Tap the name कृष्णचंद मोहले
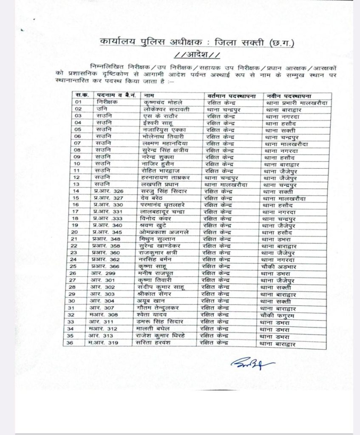163,102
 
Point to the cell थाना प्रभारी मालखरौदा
297,102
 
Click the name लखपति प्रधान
160,184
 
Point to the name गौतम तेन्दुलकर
164,307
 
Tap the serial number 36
78,343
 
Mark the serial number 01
78,102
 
